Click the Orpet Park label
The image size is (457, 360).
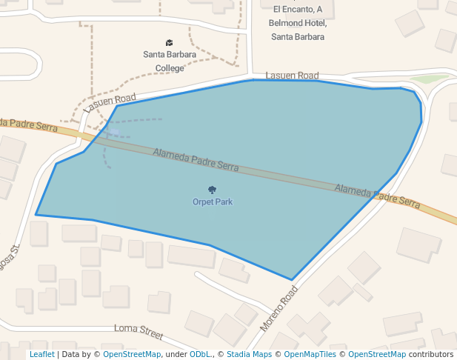213,201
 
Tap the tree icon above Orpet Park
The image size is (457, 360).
213,190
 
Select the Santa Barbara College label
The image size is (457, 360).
170,61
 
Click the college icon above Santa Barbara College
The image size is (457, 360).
170,42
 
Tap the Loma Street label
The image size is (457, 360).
139,328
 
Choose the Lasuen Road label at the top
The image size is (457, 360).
292,76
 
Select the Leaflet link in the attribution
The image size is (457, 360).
41,355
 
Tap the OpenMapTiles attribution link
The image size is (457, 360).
307,355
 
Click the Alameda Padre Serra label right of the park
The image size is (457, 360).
377,195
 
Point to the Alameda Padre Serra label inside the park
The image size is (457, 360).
196,160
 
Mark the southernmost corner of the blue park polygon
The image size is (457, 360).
292,280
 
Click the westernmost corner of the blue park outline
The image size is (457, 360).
36,215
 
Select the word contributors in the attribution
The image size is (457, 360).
431,355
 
